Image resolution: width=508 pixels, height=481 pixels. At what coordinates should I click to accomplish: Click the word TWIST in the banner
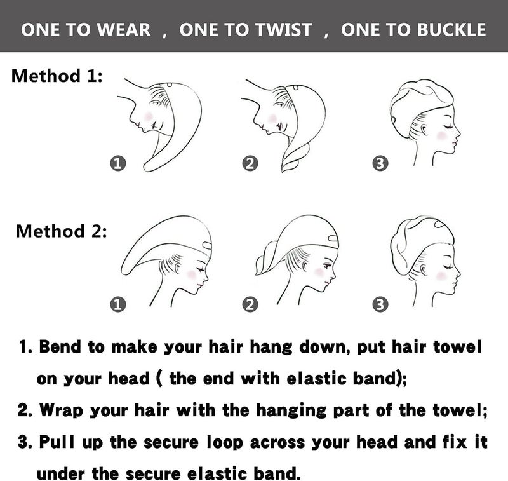click(284, 30)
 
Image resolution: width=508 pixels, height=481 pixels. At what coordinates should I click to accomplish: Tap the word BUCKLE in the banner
click(451, 30)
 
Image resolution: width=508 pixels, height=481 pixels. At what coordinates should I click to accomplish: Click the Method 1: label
click(57, 76)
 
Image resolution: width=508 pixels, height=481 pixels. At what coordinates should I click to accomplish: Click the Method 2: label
click(61, 231)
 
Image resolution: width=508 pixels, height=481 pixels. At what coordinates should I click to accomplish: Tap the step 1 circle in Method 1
click(118, 163)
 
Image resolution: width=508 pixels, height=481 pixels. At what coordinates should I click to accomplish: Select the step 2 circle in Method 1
click(250, 163)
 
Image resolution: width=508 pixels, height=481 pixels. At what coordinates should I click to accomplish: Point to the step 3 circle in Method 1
click(380, 163)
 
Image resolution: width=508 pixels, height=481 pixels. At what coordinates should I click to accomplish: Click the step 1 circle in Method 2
click(118, 305)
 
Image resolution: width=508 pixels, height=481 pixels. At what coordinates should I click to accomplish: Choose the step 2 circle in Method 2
click(250, 305)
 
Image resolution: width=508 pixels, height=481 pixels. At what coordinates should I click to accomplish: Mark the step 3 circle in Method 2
click(380, 305)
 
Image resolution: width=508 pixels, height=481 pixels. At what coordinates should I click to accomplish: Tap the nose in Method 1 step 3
click(457, 132)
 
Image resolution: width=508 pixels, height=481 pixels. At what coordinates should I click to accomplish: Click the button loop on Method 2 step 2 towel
click(333, 240)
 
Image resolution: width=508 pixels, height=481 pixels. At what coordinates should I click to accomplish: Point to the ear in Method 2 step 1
click(178, 268)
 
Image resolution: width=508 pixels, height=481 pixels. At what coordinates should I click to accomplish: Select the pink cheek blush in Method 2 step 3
click(441, 276)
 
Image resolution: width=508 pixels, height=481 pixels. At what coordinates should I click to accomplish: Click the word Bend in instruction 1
click(60, 347)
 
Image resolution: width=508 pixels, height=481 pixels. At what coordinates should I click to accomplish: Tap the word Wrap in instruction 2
click(61, 410)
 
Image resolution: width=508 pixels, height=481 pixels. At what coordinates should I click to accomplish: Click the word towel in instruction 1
click(458, 347)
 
